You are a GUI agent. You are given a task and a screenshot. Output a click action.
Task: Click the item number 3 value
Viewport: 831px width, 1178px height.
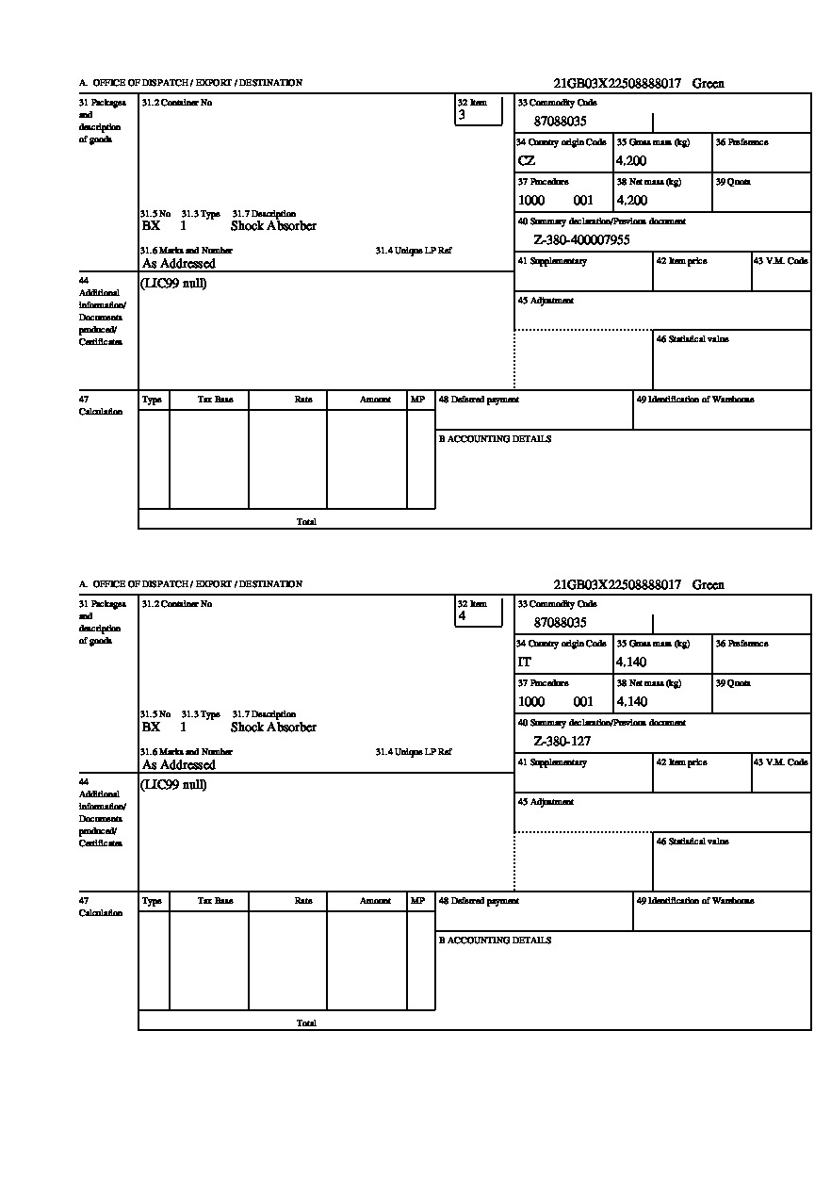tap(462, 116)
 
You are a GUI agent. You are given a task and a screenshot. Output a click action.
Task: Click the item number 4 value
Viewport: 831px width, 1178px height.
tap(462, 617)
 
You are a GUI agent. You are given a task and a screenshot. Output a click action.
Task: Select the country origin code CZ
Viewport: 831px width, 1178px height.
tap(527, 161)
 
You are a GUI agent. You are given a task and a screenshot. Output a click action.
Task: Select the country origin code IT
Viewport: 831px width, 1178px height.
tap(525, 663)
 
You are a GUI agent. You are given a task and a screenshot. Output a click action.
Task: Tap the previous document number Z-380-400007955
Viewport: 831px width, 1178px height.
tap(581, 240)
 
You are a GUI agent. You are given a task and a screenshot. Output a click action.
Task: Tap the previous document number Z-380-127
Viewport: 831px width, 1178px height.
tap(562, 742)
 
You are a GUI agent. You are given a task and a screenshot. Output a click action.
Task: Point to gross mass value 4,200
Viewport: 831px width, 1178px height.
tap(631, 161)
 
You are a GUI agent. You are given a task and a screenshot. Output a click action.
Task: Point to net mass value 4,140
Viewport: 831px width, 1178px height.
tap(631, 702)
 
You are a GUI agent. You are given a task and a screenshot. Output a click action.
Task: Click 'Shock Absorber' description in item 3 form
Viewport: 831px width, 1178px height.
tap(273, 226)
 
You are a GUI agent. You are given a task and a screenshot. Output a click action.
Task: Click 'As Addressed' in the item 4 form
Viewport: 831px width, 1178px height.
tap(179, 765)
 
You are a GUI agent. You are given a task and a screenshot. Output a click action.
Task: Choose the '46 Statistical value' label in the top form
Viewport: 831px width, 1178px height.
tap(692, 339)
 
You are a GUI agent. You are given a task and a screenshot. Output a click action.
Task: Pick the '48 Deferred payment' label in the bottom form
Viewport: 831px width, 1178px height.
tap(479, 901)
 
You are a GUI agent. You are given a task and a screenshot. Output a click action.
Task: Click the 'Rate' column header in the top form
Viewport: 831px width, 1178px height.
tap(303, 400)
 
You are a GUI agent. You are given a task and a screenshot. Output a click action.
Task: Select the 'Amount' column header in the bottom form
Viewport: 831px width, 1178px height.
tap(375, 901)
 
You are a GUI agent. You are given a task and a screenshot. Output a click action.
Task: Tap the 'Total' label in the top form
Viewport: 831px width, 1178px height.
tap(306, 521)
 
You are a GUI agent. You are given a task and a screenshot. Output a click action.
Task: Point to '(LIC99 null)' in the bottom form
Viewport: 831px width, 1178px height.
tap(174, 785)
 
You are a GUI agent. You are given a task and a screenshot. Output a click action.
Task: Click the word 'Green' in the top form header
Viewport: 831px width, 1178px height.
tap(709, 84)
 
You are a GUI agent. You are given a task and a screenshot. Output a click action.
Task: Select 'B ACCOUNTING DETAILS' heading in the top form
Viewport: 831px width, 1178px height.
tap(495, 439)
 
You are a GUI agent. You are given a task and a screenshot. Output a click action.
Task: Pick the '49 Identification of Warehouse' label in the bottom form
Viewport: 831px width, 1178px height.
tap(695, 901)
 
